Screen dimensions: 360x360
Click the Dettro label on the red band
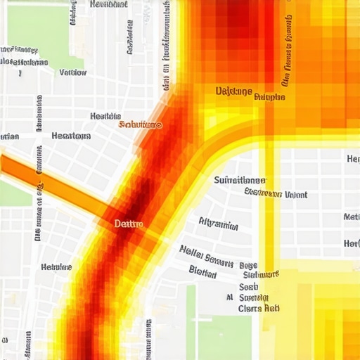tap(129, 224)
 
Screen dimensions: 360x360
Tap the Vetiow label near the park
tap(72, 72)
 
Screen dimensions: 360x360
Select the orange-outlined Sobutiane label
tap(140, 124)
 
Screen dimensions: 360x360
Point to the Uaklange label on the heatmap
tap(233, 91)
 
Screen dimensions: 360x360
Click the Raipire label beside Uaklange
tap(269, 97)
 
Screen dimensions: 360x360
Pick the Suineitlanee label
tap(239, 180)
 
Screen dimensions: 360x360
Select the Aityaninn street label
tap(218, 225)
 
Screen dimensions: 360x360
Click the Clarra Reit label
tap(259, 308)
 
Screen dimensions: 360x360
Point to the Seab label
tap(248, 287)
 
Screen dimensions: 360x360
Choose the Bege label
tap(248, 266)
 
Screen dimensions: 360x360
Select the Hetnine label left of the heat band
tap(56, 267)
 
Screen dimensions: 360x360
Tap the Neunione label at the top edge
tap(109, 4)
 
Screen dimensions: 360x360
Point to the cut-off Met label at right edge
tap(352, 217)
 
